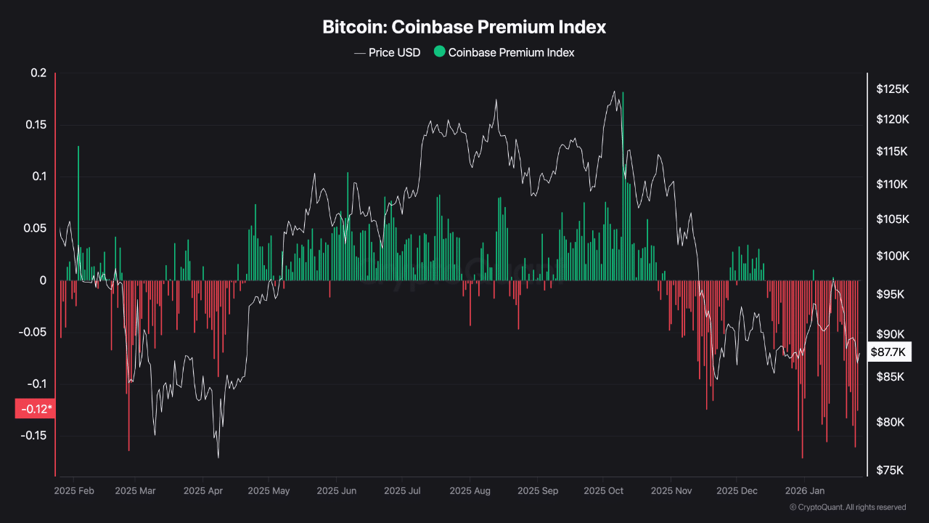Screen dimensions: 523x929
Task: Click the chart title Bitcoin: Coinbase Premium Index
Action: pyautogui.click(x=464, y=28)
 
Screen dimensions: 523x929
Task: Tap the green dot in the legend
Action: pyautogui.click(x=439, y=52)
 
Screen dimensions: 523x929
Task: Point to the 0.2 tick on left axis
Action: pyautogui.click(x=38, y=73)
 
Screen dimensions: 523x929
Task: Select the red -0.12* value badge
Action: pyautogui.click(x=35, y=409)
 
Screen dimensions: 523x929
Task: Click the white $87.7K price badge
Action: pyautogui.click(x=888, y=352)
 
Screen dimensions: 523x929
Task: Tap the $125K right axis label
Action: pyautogui.click(x=892, y=89)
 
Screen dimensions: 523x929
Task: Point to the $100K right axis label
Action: pyautogui.click(x=892, y=256)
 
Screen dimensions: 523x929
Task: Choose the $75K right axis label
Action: pyautogui.click(x=891, y=470)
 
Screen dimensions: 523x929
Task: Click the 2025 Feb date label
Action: pyautogui.click(x=74, y=491)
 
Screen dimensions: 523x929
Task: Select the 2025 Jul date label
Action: pyautogui.click(x=405, y=491)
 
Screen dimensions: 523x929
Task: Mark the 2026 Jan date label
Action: pyautogui.click(x=805, y=491)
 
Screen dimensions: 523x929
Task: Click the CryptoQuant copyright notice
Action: pyautogui.click(x=847, y=507)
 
